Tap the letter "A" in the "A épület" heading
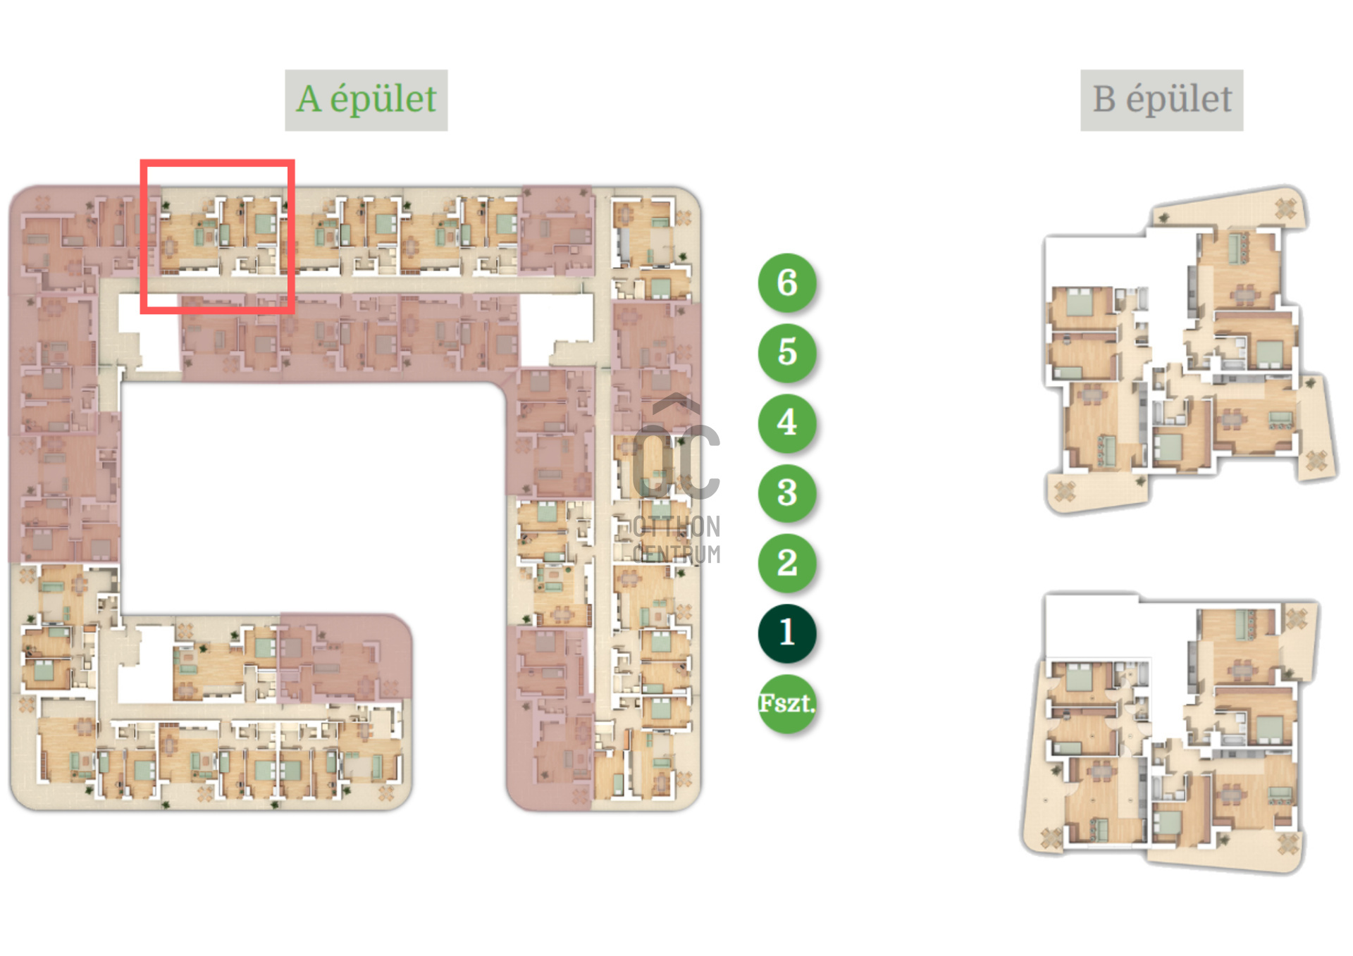pyautogui.click(x=309, y=99)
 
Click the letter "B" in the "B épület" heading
pyautogui.click(x=1104, y=99)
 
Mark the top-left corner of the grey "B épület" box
pyautogui.click(x=1081, y=70)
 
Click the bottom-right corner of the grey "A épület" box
pyautogui.click(x=447, y=130)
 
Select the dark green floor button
pyautogui.click(x=787, y=633)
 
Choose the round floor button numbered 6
pyautogui.click(x=787, y=282)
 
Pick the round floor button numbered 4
pyautogui.click(x=787, y=422)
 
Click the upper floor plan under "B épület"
pyautogui.click(x=1190, y=349)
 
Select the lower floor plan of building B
pyautogui.click(x=1170, y=733)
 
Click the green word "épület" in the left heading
pyautogui.click(x=383, y=99)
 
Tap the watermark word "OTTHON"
pyautogui.click(x=676, y=527)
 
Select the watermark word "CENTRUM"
pyautogui.click(x=676, y=554)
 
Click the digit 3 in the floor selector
pyautogui.click(x=787, y=492)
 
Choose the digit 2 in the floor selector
pyautogui.click(x=787, y=562)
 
